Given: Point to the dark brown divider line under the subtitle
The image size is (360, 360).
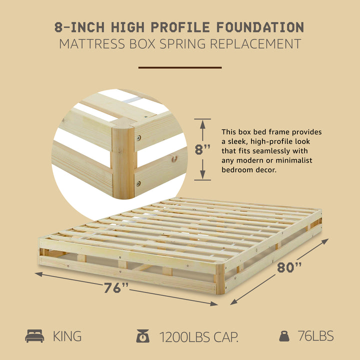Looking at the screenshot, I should point(180,67).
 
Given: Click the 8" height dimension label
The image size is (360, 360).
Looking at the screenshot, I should point(202,149).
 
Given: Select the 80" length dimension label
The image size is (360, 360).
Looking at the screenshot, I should point(290,267).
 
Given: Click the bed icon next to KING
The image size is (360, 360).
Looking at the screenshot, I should point(34,336).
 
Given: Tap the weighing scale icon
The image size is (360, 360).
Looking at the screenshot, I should point(142,336).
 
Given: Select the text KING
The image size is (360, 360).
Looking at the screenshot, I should point(67,336).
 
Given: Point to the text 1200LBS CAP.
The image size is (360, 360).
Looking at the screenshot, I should point(199,336).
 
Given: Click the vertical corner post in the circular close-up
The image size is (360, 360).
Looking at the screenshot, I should point(122,160).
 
